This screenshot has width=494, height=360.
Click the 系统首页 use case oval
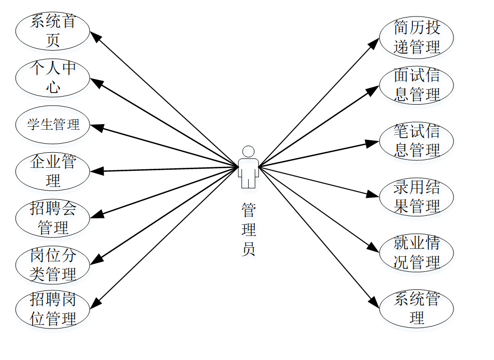point(53,31)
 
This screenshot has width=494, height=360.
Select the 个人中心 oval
point(53,78)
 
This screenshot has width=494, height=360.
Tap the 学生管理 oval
point(53,124)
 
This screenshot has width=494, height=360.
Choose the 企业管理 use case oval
point(53,171)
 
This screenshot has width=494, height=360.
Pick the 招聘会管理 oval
point(53,218)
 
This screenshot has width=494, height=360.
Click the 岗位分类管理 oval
point(53,265)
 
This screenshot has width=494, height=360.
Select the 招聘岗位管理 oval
point(53,309)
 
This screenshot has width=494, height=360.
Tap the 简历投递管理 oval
point(416,38)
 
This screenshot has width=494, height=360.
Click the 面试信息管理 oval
point(416,85)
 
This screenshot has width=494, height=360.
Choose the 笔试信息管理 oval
point(416,141)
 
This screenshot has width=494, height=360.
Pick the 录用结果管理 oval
point(416,197)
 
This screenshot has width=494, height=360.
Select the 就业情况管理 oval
point(416,253)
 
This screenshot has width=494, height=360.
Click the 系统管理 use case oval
point(416,308)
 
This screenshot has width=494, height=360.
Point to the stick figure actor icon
point(248,167)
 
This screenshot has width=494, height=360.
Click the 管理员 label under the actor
point(249,229)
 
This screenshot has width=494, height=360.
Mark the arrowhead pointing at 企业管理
point(96,171)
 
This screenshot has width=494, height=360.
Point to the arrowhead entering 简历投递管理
point(375,42)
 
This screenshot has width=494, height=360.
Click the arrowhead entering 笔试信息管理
point(373,143)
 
